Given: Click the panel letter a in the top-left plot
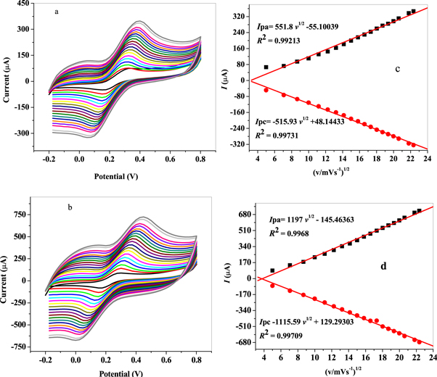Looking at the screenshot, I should (57, 12).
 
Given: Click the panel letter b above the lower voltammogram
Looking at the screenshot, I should (70, 207).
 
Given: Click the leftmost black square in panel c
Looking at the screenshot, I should (266, 67).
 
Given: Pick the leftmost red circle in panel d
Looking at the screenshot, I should (272, 286).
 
